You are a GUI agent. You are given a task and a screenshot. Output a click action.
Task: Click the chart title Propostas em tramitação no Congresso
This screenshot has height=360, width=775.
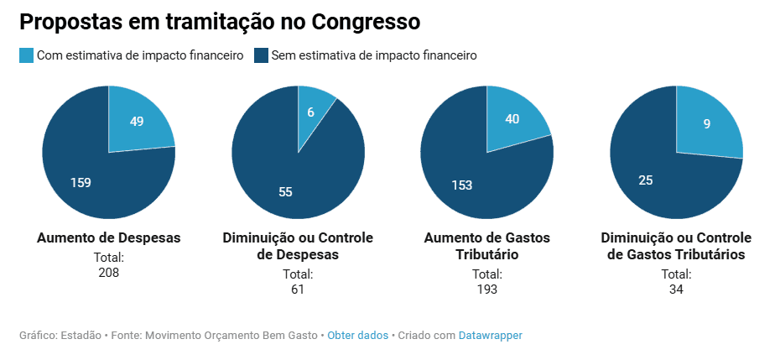tap(220, 21)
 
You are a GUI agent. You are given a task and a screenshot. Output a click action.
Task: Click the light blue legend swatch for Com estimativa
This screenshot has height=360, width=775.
tap(27, 56)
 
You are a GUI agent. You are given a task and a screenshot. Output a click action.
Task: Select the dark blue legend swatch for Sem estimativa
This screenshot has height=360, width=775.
tap(261, 56)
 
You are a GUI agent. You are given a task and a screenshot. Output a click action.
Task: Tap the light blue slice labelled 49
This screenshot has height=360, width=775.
tap(137, 121)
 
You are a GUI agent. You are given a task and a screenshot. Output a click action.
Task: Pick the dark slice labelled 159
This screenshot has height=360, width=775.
tap(81, 182)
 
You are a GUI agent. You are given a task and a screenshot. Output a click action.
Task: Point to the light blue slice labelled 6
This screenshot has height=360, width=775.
tap(311, 112)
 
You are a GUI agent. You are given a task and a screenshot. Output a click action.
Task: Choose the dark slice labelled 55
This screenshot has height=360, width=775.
tap(285, 191)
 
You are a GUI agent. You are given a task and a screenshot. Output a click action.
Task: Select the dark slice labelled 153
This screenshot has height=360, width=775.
tap(461, 185)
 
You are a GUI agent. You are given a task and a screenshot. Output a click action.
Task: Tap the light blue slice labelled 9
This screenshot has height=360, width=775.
tap(707, 123)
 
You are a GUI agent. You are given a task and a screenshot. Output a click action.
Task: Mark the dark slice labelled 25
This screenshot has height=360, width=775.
tap(646, 180)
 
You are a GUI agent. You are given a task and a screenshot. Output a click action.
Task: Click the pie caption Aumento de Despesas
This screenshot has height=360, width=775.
tap(109, 238)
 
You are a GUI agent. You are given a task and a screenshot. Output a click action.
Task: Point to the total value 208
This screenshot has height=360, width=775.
tap(109, 273)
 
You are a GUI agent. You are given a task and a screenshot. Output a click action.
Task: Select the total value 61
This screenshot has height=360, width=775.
tap(298, 290)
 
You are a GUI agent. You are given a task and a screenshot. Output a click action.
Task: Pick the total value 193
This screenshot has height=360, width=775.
tap(487, 290)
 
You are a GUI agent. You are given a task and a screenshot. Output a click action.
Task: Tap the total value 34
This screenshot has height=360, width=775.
tap(676, 290)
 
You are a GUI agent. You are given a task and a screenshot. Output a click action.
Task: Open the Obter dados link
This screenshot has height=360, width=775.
tap(357, 336)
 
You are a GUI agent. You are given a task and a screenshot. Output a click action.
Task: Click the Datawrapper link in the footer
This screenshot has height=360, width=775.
tap(490, 336)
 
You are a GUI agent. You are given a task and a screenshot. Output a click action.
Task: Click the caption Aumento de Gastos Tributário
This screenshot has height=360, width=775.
tap(487, 246)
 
